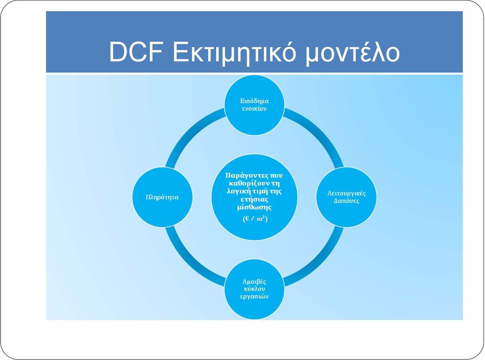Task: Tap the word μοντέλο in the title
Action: (352, 53)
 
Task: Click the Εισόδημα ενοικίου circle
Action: (254, 105)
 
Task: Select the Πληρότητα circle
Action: (162, 197)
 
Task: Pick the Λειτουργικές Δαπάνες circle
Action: (347, 197)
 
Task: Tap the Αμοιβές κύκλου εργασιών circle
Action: (254, 289)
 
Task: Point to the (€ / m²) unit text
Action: (255, 218)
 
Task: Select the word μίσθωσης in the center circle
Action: (254, 207)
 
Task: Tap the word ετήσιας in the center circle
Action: (254, 199)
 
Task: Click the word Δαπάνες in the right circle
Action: (347, 201)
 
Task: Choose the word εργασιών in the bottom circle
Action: (254, 296)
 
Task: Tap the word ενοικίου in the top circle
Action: (254, 109)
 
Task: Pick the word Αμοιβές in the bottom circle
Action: (254, 282)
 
